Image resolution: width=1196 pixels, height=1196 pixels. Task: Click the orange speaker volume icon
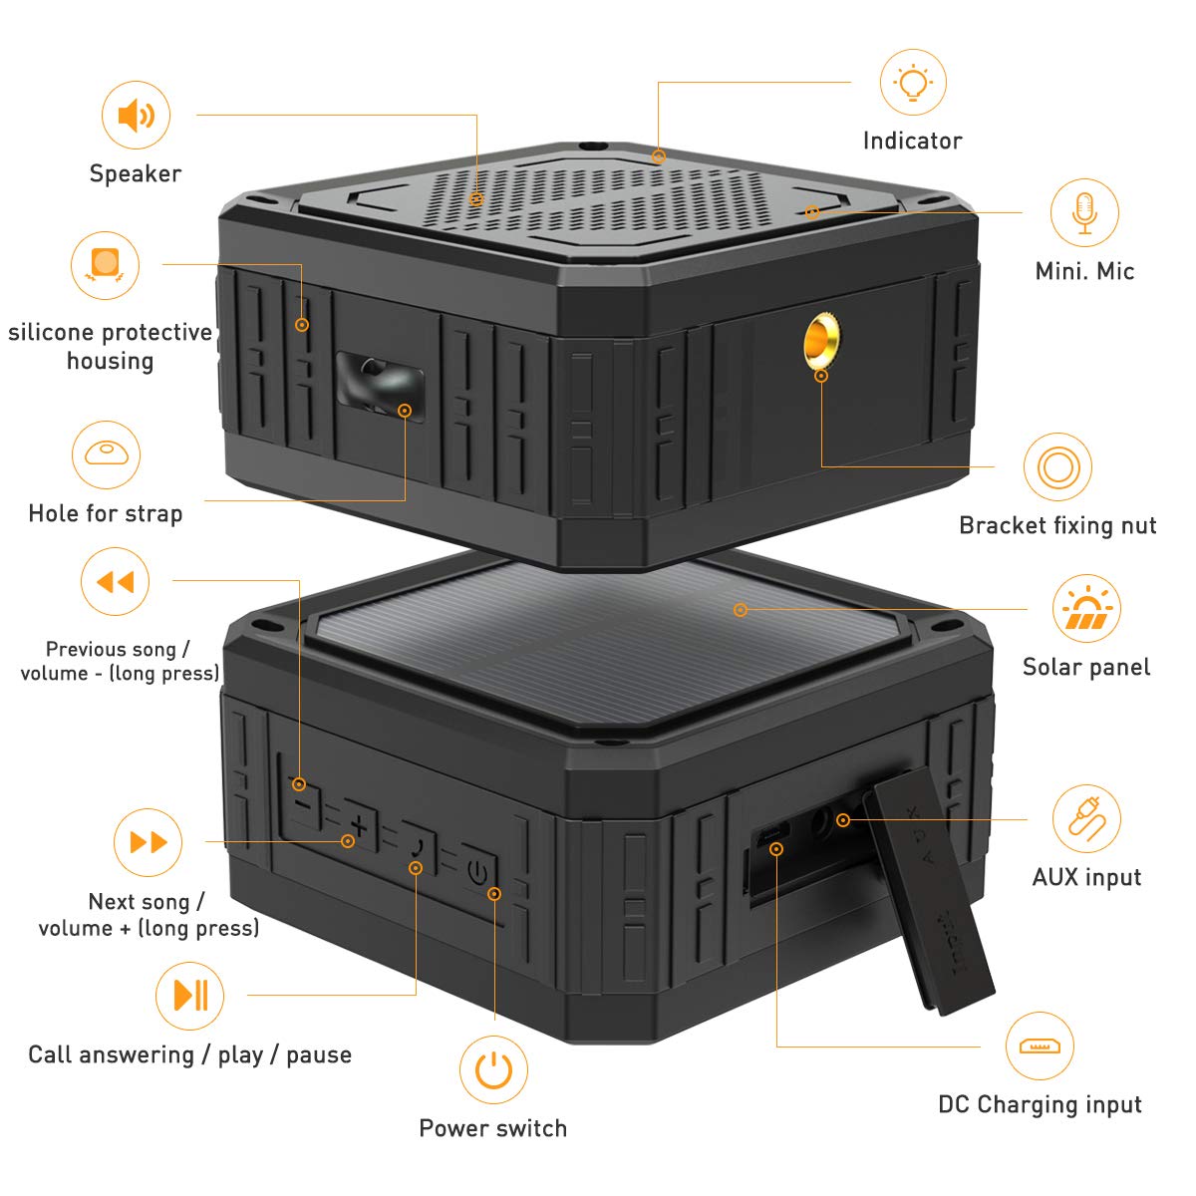136,116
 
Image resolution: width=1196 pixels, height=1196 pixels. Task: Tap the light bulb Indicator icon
913,83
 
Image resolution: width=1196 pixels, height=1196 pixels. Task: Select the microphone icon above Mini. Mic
1084,213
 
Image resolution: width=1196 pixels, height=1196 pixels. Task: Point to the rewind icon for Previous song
115,582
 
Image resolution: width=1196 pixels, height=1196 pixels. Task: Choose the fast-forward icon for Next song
149,843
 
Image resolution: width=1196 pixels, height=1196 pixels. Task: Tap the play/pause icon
189,995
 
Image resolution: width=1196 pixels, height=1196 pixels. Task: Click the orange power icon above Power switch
493,1070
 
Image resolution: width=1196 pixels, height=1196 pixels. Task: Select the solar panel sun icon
1086,609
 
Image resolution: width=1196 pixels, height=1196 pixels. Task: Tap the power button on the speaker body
479,874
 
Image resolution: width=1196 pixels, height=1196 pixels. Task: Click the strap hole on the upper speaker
377,384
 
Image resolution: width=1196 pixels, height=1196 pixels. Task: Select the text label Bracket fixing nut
1057,525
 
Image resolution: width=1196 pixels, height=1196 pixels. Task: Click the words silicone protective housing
110,346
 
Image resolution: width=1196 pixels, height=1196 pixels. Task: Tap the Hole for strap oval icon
106,454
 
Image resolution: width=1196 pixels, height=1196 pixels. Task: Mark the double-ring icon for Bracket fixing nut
1057,466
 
